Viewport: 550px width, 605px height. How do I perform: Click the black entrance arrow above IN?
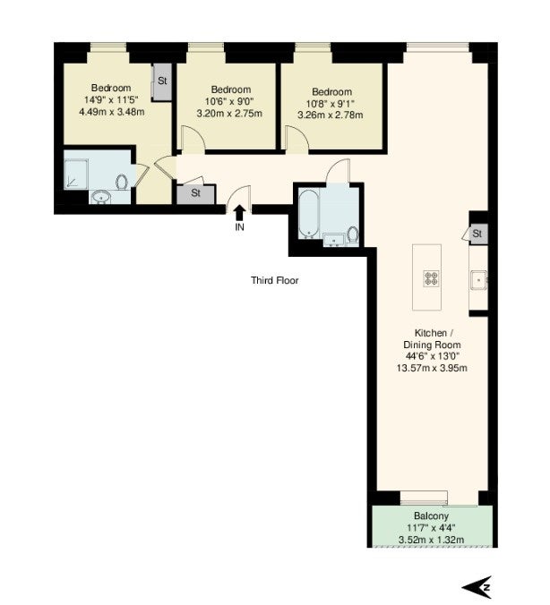(239, 213)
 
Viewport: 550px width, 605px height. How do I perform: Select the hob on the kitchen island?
(432, 278)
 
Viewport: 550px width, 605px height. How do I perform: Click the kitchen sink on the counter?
(479, 279)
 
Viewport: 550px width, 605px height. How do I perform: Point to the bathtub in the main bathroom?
(309, 213)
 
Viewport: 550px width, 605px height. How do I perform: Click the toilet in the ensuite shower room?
(122, 182)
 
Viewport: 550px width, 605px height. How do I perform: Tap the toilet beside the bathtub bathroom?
(353, 234)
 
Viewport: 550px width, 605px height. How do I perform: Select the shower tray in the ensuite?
(76, 174)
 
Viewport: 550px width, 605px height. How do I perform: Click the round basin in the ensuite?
(101, 197)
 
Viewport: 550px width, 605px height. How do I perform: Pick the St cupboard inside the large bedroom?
(162, 81)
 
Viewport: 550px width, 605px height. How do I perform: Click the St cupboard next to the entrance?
(196, 194)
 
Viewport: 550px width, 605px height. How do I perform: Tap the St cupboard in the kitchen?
(478, 234)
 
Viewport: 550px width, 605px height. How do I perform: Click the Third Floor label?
(275, 280)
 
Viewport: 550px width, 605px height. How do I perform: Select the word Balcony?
(431, 516)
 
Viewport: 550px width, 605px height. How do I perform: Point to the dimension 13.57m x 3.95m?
(432, 368)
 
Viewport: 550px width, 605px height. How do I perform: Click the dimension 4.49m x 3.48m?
(112, 112)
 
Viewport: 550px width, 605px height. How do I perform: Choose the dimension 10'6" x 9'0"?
(229, 101)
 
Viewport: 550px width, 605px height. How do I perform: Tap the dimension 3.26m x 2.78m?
(331, 115)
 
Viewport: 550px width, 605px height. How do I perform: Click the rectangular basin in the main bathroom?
(334, 240)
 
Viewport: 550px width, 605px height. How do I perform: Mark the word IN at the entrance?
(239, 227)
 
